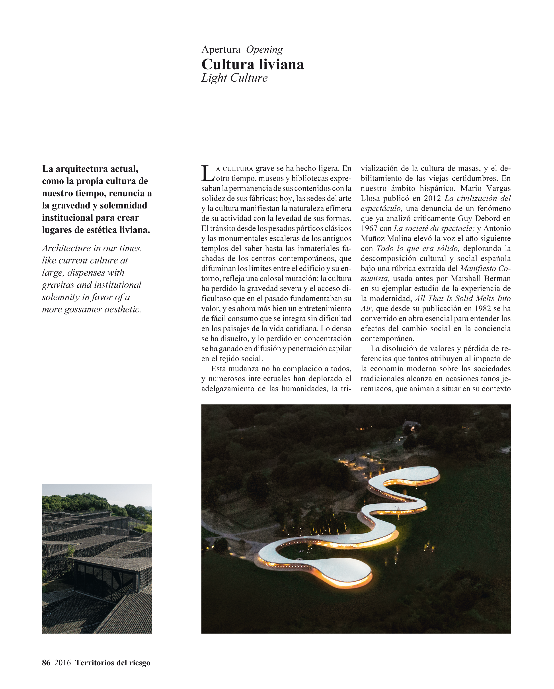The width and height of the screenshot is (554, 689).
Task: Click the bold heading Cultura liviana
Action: coord(253,65)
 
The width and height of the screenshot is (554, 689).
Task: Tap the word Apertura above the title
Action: coord(221,49)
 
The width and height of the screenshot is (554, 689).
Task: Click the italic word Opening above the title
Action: coord(264,49)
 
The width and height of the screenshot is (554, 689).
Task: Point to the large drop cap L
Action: coord(207,173)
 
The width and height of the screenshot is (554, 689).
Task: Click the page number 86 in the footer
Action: coord(46,662)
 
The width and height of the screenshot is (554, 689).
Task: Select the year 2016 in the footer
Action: coord(62,662)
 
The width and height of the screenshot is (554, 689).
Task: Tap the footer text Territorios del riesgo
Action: coord(113,662)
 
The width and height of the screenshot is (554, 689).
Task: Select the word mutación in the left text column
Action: coord(301,279)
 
